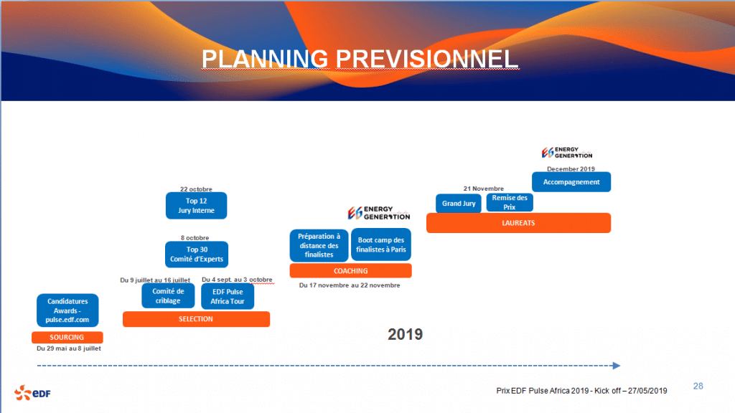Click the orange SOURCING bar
67,337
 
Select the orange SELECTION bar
196,319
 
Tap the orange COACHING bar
350,270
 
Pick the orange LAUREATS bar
518,223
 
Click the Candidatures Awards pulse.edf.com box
67,310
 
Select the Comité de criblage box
168,296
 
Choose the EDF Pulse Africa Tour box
228,296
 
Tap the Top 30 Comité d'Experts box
197,255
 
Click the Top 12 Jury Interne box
197,206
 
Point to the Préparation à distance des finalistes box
319,245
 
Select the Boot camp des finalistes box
381,245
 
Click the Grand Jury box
459,203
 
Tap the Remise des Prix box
510,202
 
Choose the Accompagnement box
571,181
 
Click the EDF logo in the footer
32,393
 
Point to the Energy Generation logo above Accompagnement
567,153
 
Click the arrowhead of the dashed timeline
617,365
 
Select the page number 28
698,386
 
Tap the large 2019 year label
405,334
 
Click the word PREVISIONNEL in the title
427,59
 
